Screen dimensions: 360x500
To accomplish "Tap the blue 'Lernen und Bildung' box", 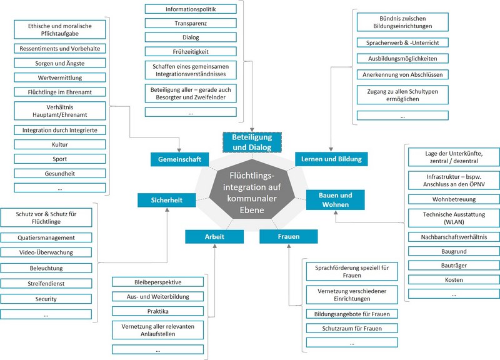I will [x=332, y=159].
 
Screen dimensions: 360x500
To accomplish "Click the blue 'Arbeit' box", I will [x=214, y=237].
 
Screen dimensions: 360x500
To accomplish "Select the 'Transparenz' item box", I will [x=191, y=23].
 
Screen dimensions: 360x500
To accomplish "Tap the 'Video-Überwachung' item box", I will [x=46, y=252].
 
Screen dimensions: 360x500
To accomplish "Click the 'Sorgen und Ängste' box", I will [x=60, y=63].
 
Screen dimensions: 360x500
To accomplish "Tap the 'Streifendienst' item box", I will [x=46, y=283].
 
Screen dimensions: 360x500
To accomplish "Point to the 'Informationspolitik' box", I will [x=191, y=9].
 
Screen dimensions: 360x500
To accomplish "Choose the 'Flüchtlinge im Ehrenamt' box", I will [x=60, y=92].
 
